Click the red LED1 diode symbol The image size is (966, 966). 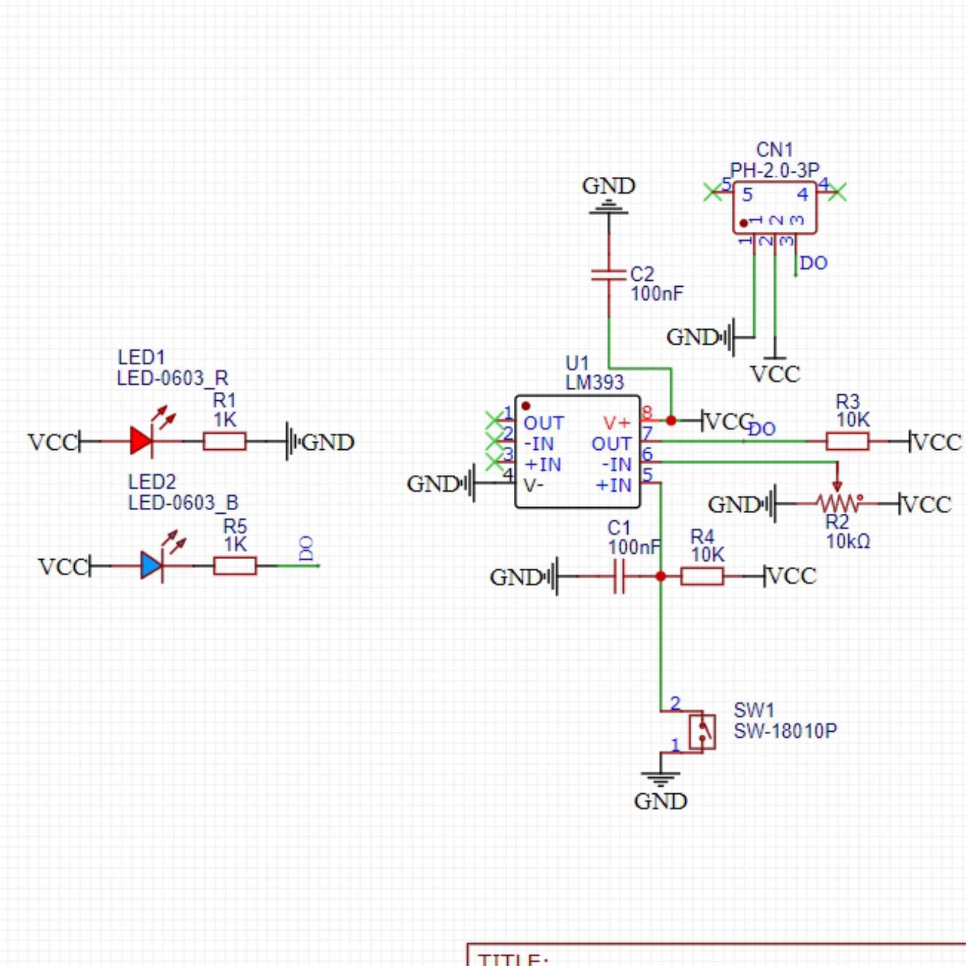141,441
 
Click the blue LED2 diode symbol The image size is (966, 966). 152,566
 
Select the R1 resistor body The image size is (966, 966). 225,441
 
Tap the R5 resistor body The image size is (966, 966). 235,566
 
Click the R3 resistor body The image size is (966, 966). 847,441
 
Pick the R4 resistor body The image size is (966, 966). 702,576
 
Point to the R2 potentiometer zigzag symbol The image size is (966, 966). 837,502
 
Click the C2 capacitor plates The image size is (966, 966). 609,275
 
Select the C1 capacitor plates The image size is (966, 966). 619,576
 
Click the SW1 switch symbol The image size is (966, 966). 702,731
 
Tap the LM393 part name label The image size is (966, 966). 595,382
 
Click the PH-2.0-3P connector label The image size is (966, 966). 775,170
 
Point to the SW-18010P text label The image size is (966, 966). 785,731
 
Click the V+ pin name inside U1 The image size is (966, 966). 616,423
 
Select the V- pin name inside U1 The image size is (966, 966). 533,485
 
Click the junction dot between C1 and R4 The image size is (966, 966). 661,576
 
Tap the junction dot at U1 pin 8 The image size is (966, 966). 671,420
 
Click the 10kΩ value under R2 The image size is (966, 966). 848,542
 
